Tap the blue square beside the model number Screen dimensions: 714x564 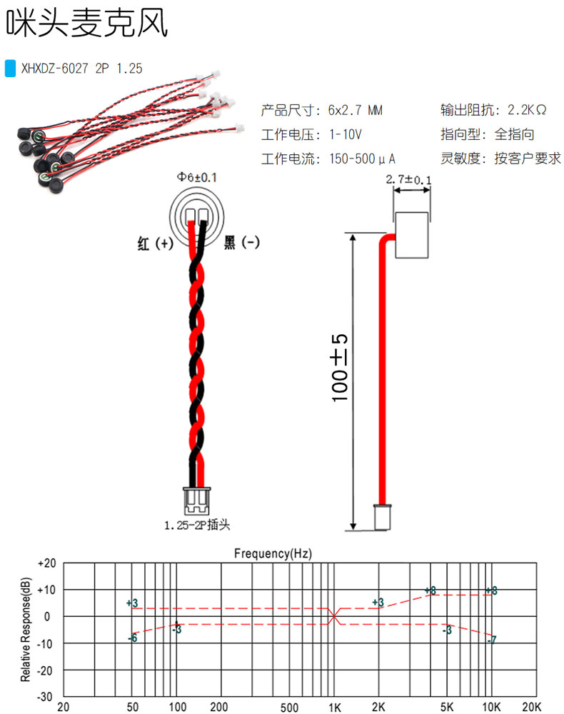[x=10, y=69]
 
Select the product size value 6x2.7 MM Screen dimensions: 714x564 [x=355, y=111]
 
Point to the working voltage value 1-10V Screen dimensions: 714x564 [x=346, y=134]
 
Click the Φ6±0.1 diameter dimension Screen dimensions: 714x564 [x=198, y=177]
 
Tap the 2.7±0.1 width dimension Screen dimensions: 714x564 [x=408, y=180]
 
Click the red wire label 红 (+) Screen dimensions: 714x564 [x=155, y=243]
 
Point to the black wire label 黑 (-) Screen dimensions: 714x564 [x=242, y=243]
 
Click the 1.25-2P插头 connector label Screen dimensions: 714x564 [x=197, y=526]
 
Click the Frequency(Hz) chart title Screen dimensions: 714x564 [x=273, y=553]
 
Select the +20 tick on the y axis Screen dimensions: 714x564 [x=46, y=563]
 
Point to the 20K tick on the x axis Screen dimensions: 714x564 [x=533, y=707]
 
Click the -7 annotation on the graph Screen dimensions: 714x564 [x=492, y=640]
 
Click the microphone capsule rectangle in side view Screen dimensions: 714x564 [x=412, y=235]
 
